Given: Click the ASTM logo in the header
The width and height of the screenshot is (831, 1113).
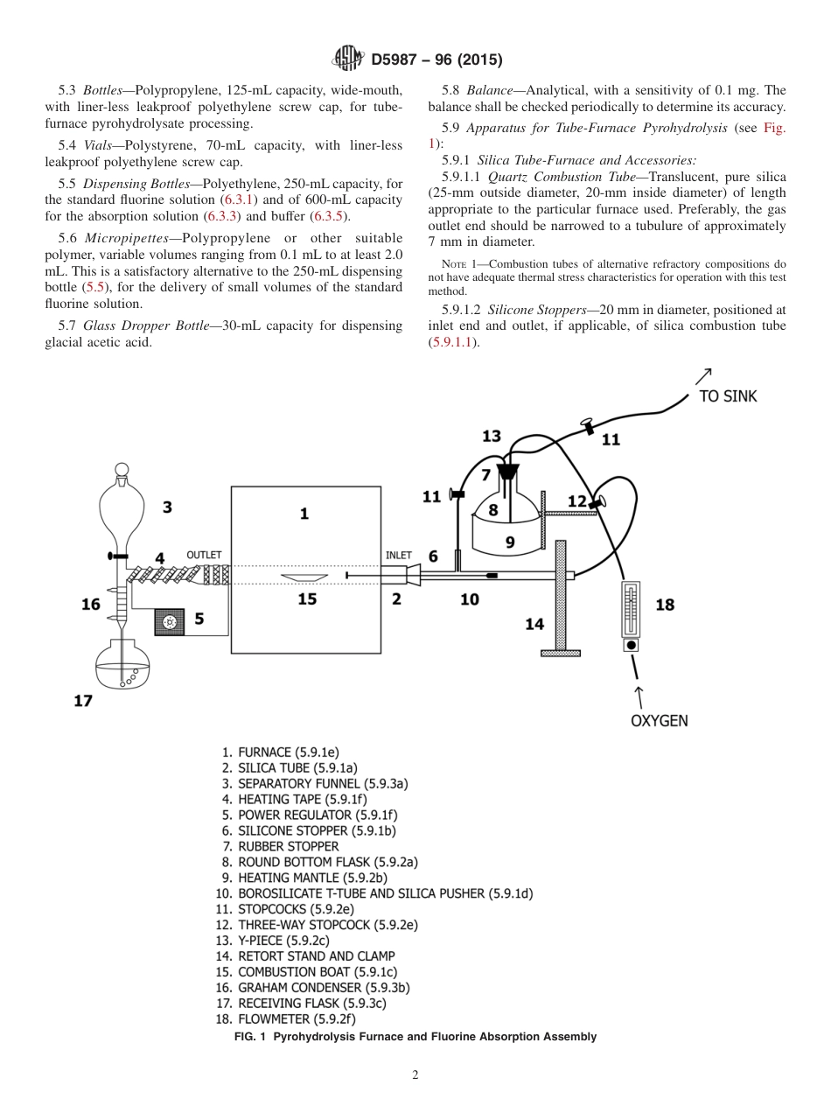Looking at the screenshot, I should (349, 59).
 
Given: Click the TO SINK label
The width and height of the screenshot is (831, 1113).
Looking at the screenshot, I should (728, 396).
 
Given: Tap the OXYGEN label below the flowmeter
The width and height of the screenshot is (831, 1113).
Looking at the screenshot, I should (659, 721).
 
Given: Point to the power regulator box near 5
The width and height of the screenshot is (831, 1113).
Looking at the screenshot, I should (171, 622).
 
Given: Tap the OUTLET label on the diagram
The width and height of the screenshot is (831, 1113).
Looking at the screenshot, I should (204, 555).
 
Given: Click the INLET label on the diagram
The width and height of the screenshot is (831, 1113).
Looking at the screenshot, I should (399, 555).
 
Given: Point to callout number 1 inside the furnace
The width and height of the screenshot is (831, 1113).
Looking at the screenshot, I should (304, 514).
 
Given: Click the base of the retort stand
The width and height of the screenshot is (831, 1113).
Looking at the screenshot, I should (560, 653).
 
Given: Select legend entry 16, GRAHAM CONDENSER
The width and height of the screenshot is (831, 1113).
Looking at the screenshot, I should (311, 987).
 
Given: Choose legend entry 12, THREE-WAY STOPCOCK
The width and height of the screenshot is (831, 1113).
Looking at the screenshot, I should (316, 924).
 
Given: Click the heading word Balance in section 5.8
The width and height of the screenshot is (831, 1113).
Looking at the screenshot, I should (494, 90).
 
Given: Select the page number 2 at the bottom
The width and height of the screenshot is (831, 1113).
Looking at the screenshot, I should (415, 1075).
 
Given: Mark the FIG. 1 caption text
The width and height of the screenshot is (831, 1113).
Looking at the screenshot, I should (415, 1037).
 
